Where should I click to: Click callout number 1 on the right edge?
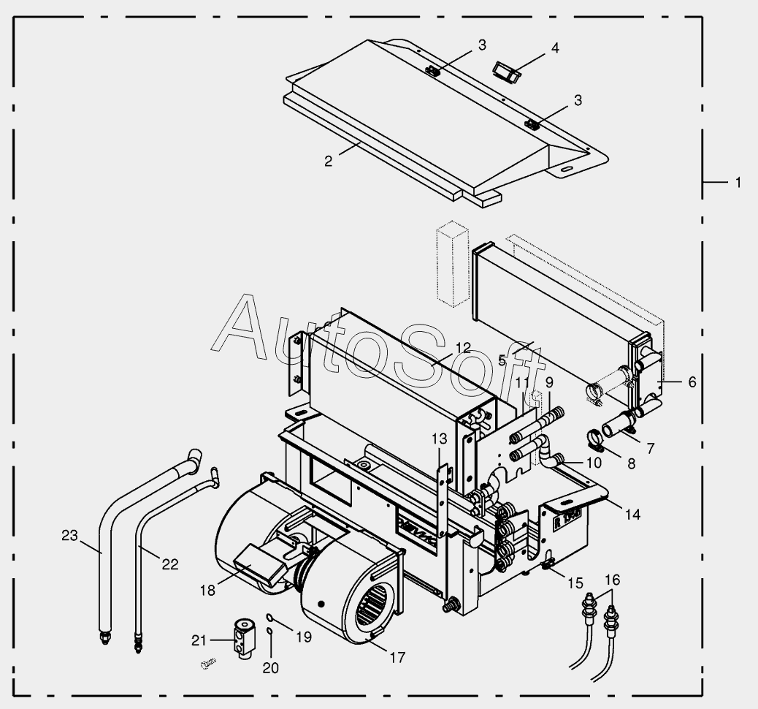738,182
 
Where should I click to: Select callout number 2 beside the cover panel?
329,161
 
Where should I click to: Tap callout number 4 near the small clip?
555,48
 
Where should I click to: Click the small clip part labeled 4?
505,70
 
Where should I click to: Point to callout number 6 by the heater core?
692,382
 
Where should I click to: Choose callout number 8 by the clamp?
632,463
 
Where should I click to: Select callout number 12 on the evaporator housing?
462,347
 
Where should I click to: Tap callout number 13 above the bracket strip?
438,439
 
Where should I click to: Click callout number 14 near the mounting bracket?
632,515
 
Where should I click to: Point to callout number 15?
575,584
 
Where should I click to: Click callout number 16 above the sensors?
612,580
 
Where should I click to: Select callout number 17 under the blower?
397,657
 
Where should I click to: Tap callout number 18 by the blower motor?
207,589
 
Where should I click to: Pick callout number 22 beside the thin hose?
169,564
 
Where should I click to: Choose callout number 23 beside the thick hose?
69,536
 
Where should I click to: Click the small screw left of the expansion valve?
208,664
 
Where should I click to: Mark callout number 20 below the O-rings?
270,667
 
